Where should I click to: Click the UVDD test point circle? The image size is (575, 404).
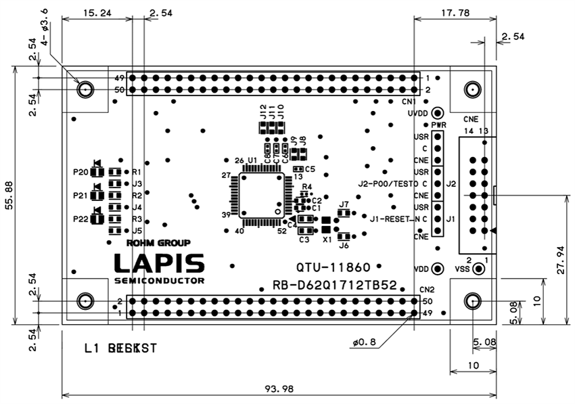click(438, 113)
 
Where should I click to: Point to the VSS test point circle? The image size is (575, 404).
click(479, 269)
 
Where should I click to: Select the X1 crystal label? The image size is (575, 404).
click(327, 240)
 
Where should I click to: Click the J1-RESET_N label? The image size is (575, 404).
click(394, 219)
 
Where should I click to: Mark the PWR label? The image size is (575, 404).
click(438, 126)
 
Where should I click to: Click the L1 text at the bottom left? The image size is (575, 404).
click(93, 349)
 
